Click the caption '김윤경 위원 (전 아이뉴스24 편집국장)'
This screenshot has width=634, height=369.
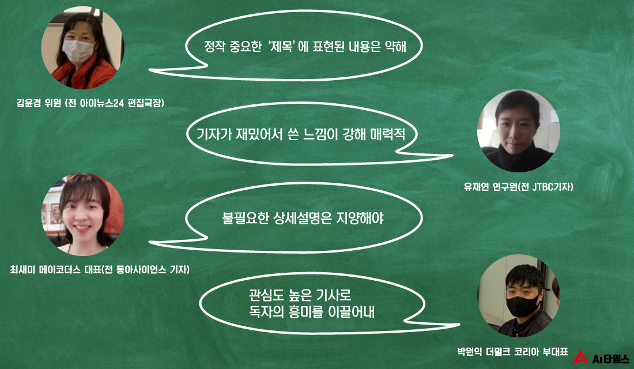point(90,103)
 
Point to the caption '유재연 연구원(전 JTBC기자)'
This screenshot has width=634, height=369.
point(518,187)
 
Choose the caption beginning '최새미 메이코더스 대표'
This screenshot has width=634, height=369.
point(100,269)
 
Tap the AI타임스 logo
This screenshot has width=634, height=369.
point(601,358)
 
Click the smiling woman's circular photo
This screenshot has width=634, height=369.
point(83,214)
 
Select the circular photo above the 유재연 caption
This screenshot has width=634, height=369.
point(518,131)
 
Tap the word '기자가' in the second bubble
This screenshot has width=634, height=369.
point(214,134)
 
